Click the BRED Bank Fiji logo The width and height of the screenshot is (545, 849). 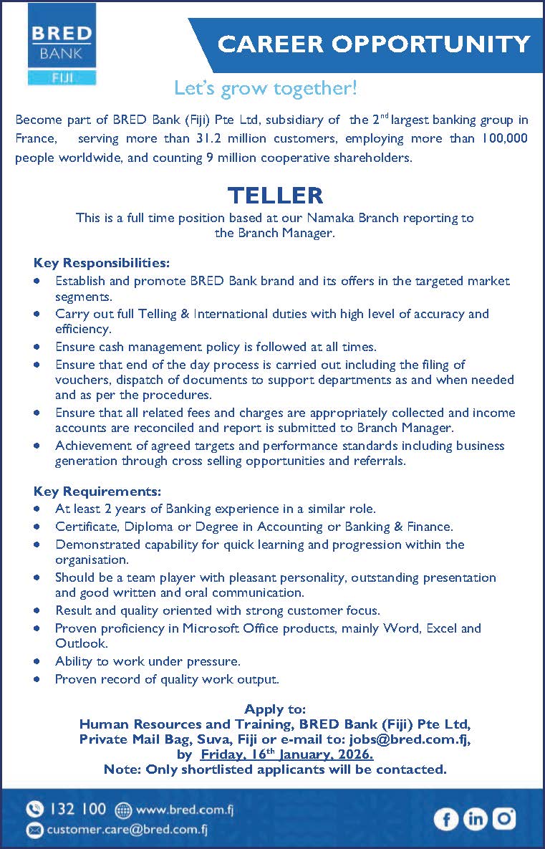61,44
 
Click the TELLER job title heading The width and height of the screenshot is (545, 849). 275,195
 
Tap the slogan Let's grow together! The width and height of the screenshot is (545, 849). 265,89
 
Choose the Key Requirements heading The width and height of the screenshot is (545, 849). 97,491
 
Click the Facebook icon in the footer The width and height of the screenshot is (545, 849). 445,819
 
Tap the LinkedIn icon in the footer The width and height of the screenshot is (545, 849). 475,819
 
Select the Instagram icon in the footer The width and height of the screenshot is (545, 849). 503,818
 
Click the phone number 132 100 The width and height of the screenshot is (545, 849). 77,810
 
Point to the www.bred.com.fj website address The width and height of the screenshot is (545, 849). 184,810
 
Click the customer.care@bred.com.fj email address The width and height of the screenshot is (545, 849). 127,830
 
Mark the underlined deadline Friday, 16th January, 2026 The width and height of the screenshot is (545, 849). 286,754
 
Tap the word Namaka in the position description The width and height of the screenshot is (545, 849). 316,217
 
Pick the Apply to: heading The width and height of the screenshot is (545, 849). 275,709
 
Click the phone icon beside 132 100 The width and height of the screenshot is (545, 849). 34,810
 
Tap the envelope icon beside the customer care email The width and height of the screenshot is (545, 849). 34,830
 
